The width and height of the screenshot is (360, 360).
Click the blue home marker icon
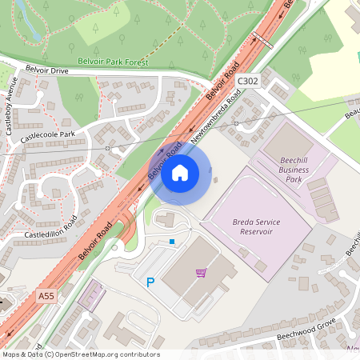(x=180, y=173)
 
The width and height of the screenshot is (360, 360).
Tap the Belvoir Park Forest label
(x=113, y=61)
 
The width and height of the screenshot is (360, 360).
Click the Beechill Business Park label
(x=294, y=170)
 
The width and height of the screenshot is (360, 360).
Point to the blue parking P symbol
(x=150, y=282)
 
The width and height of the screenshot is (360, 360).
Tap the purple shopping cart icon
(x=201, y=273)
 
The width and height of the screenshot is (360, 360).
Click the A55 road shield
(x=46, y=296)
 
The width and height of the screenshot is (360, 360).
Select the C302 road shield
(x=248, y=81)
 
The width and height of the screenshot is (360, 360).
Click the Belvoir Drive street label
(x=49, y=70)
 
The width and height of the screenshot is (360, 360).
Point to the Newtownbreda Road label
(x=217, y=116)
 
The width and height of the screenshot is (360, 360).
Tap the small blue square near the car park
(x=171, y=241)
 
